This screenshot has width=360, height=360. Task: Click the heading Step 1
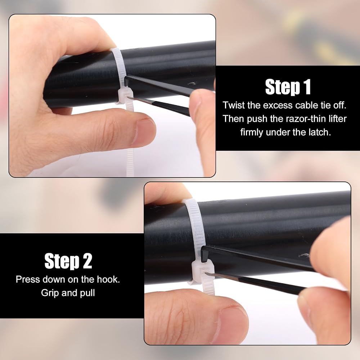(288, 87)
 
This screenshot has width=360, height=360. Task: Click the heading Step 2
(68, 261)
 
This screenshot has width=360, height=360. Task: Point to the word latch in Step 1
(319, 132)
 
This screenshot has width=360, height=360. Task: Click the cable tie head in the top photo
(125, 96)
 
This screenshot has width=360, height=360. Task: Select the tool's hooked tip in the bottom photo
(205, 253)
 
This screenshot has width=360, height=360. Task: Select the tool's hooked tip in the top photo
(127, 81)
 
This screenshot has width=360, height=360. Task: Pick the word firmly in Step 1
(251, 132)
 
